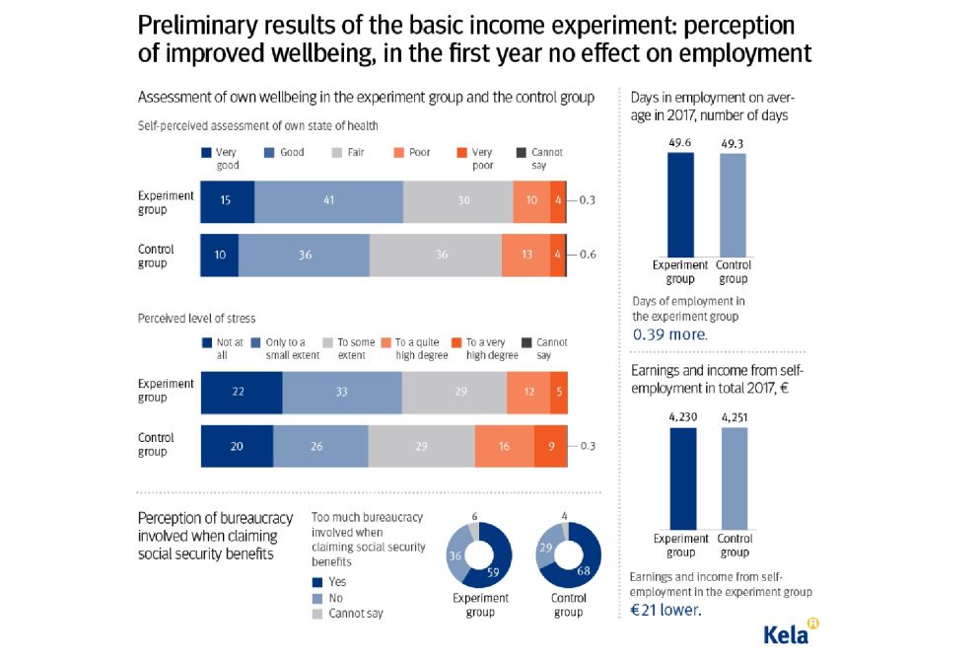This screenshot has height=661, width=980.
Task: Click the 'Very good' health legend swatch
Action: [206, 153]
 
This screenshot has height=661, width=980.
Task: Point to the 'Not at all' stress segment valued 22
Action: [241, 392]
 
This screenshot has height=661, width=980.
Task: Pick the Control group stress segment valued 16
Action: [504, 445]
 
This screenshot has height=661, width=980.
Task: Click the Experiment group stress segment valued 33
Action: [341, 392]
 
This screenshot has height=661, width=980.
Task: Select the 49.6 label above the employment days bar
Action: [680, 142]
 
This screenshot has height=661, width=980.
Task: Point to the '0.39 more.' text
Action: [669, 333]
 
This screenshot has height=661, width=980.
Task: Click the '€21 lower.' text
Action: [667, 611]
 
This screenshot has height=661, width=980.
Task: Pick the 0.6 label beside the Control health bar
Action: [589, 254]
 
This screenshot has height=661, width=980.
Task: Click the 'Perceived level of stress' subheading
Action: [196, 318]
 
